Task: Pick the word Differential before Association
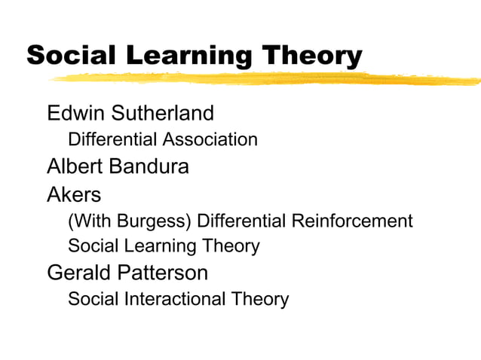(112, 140)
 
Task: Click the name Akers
(74, 194)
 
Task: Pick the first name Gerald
(79, 272)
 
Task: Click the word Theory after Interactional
(260, 299)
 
